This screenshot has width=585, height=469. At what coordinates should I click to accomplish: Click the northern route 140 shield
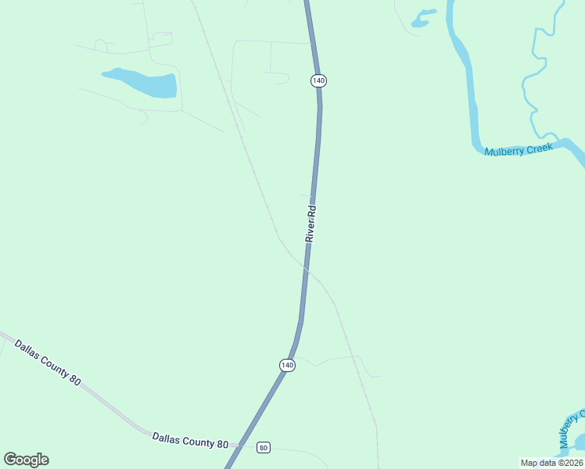click(x=318, y=81)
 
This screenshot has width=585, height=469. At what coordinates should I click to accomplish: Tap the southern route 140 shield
click(x=287, y=365)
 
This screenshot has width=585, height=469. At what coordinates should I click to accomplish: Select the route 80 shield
click(x=264, y=448)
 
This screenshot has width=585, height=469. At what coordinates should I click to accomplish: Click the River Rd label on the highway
click(x=311, y=224)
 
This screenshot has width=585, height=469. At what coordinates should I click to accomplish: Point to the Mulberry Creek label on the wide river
click(x=519, y=149)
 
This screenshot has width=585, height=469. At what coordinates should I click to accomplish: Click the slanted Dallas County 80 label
click(x=47, y=361)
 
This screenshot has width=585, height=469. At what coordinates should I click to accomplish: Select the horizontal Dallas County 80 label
click(x=190, y=440)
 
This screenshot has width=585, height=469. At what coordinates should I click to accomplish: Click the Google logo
click(x=26, y=460)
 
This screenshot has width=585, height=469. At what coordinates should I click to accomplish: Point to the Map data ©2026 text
click(x=552, y=463)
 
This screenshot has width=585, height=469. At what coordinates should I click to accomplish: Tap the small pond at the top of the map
click(x=422, y=18)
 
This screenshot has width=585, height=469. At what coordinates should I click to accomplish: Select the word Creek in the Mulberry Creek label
click(x=539, y=147)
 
